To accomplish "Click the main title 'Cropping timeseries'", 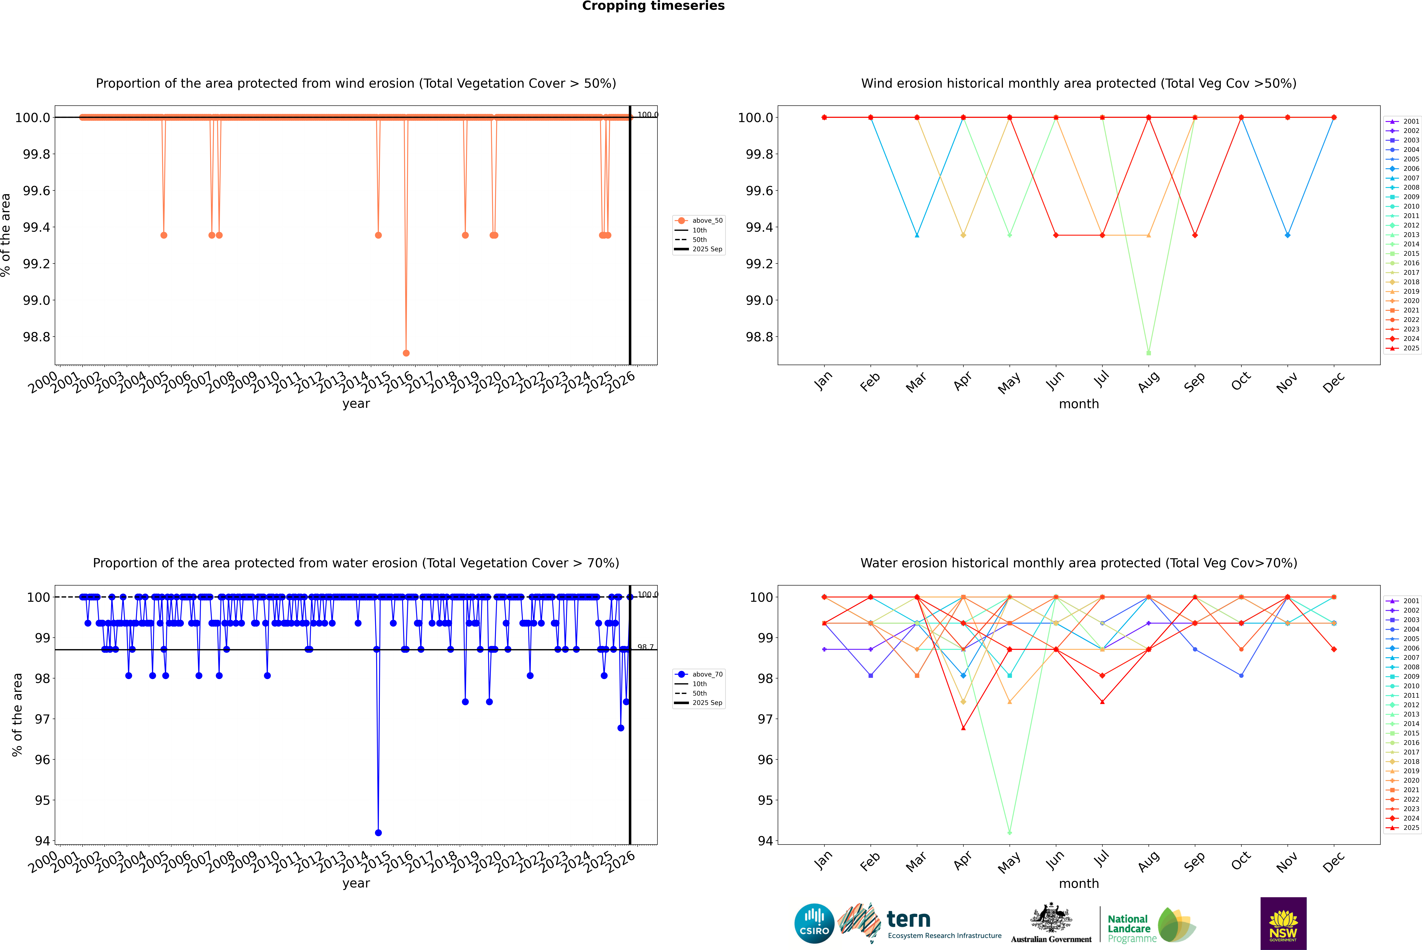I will pyautogui.click(x=653, y=6).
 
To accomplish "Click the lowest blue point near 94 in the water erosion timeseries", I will pyautogui.click(x=378, y=832).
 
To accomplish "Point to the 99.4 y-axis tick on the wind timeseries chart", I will pyautogui.click(x=36, y=227).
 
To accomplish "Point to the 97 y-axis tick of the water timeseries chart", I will pyautogui.click(x=42, y=719).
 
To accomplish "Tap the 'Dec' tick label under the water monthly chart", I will pyautogui.click(x=1334, y=862).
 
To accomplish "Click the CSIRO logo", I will pyautogui.click(x=814, y=923).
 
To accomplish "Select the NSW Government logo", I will pyautogui.click(x=1283, y=923).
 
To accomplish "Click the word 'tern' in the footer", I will pyautogui.click(x=908, y=920).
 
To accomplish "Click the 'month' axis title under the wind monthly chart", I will pyautogui.click(x=1078, y=404).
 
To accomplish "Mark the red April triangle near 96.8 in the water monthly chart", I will pyautogui.click(x=963, y=728).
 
